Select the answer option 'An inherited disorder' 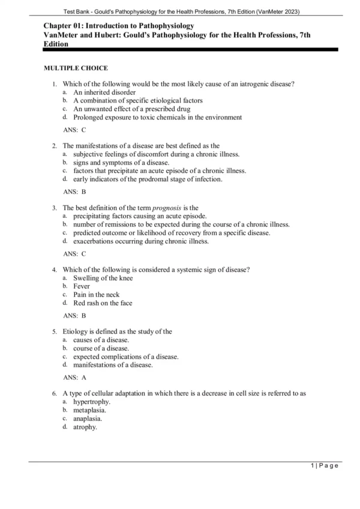[104, 93]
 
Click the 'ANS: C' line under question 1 [75, 130]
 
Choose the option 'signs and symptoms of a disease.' [121, 163]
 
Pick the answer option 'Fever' [82, 286]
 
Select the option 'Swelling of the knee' [103, 278]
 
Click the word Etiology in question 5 [77, 331]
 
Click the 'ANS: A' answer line [75, 378]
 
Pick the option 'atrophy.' [85, 427]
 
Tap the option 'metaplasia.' [90, 411]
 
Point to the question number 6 [55, 394]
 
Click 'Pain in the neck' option [97, 295]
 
